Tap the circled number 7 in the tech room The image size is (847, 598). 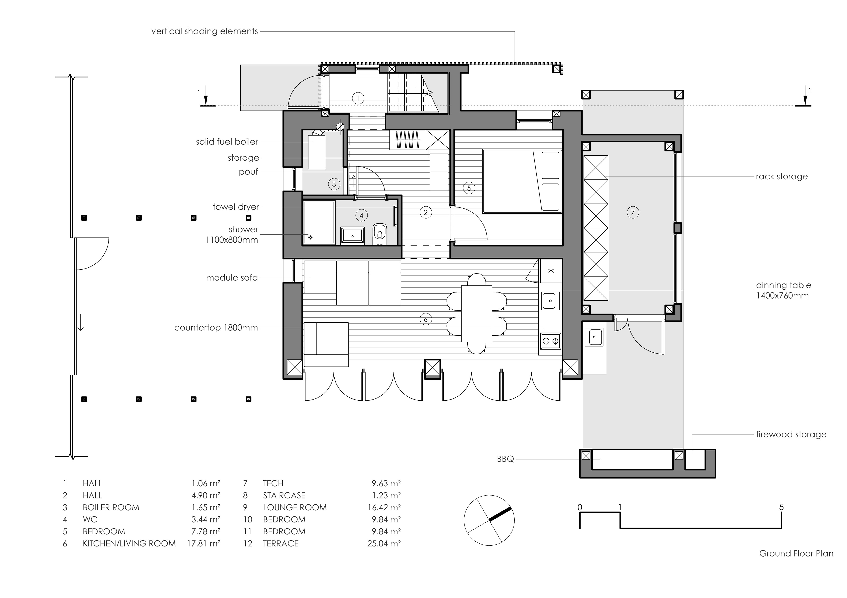(x=633, y=212)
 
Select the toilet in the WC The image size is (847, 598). (x=379, y=233)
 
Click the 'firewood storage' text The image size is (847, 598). (x=791, y=434)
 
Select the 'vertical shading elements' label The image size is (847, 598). (x=204, y=31)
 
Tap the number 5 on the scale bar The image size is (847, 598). (x=781, y=507)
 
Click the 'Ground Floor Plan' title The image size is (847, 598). (x=796, y=564)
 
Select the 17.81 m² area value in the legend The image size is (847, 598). (x=204, y=543)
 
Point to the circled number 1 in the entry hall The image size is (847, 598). (x=358, y=98)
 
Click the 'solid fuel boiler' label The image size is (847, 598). (x=227, y=142)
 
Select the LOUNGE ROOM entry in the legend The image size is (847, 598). (x=294, y=507)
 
